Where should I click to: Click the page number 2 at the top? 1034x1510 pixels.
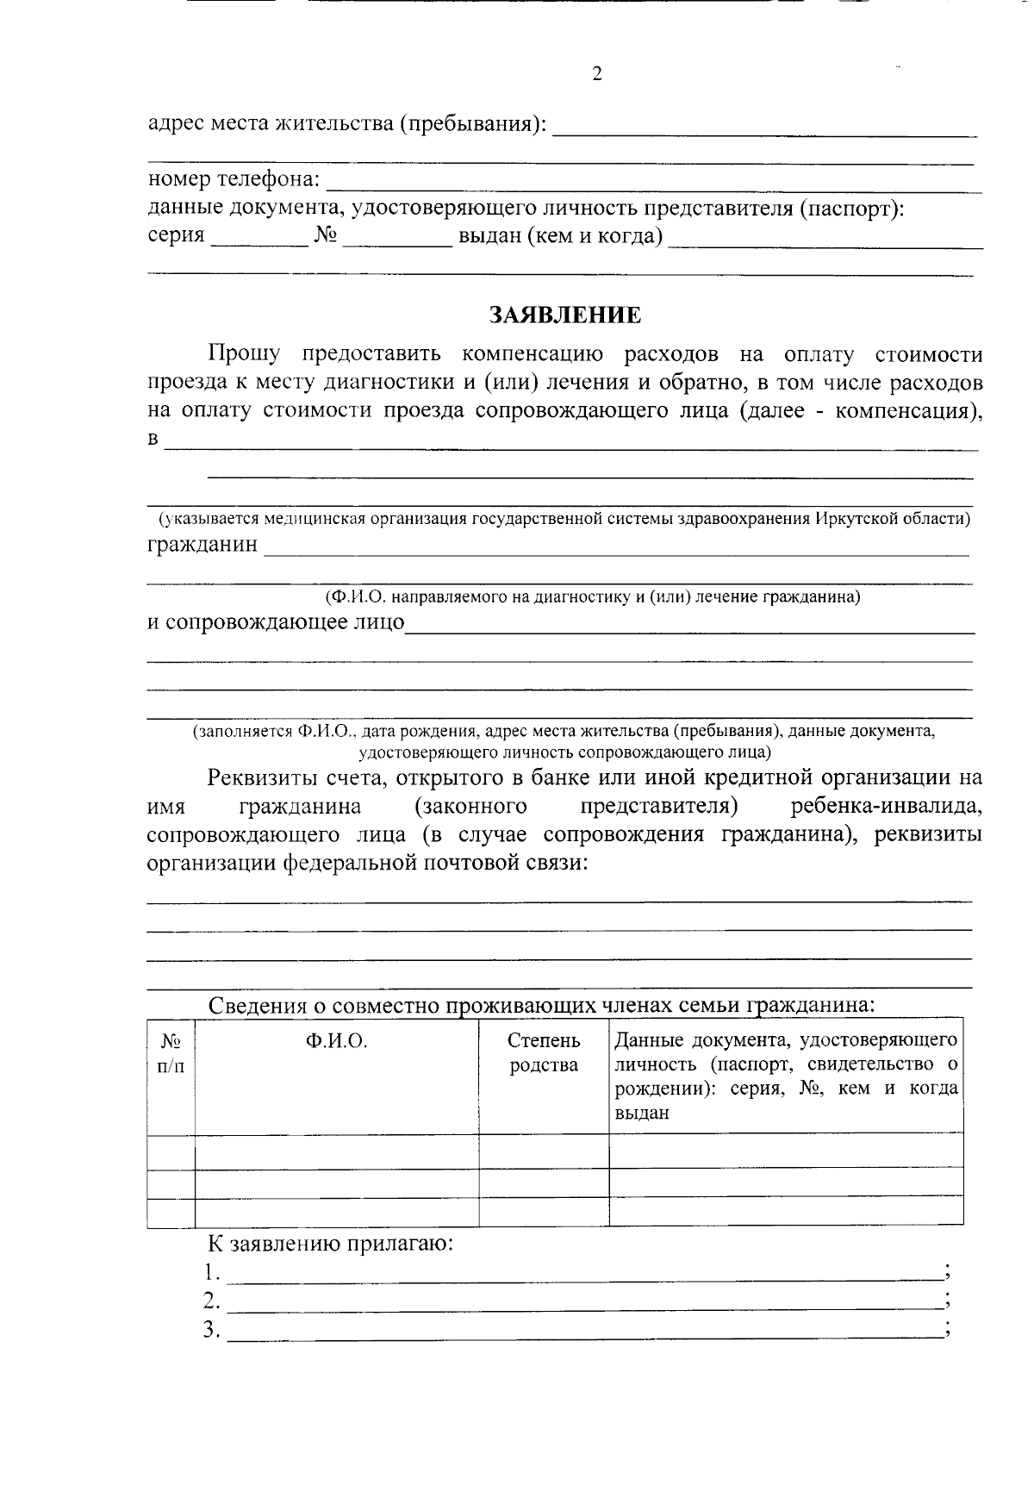tap(597, 74)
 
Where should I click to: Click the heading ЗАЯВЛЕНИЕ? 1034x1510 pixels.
tap(565, 315)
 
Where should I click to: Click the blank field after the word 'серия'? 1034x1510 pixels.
tap(259, 238)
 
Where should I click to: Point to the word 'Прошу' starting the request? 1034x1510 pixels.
tap(244, 354)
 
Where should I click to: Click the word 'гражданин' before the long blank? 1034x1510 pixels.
tap(202, 545)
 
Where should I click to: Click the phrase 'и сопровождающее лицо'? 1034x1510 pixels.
tap(276, 622)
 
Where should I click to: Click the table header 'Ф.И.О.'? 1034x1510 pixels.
tap(336, 1041)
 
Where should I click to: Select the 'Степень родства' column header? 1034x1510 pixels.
tap(544, 1053)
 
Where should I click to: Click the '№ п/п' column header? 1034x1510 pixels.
tap(171, 1053)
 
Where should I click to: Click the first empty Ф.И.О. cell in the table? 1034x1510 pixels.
tap(336, 1151)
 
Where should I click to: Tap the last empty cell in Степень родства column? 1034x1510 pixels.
tap(544, 1212)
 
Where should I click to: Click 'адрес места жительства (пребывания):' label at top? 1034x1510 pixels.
tap(347, 124)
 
